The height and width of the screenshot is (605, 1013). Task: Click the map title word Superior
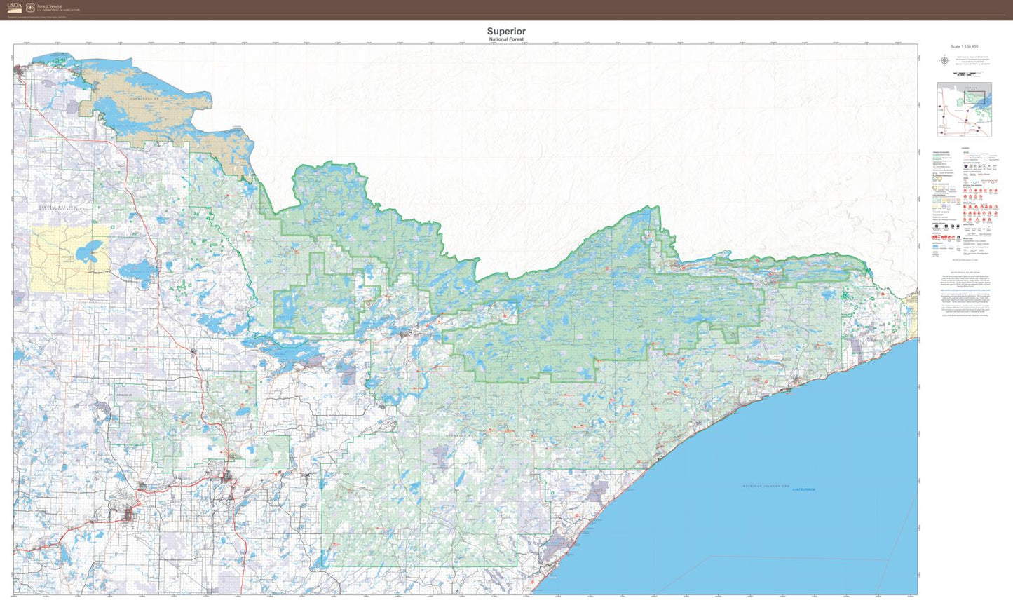click(x=506, y=32)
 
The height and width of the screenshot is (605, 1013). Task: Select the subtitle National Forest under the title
click(x=506, y=39)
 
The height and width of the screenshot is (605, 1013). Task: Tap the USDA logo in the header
click(x=14, y=8)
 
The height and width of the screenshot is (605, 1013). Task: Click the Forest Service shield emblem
click(x=30, y=8)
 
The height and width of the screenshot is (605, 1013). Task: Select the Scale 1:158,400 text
click(x=965, y=47)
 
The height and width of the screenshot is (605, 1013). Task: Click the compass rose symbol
click(x=944, y=60)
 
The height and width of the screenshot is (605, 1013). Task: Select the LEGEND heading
click(x=965, y=149)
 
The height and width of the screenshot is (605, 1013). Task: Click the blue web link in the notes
click(x=965, y=289)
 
